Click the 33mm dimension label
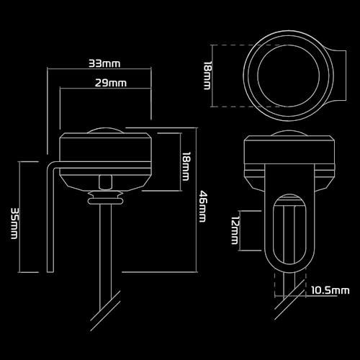click(x=104, y=63)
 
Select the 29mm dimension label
click(x=111, y=83)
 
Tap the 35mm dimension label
click(x=14, y=223)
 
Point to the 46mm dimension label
click(x=203, y=207)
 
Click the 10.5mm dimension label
click(x=330, y=290)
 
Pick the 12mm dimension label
click(x=235, y=230)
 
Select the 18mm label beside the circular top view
click(x=207, y=76)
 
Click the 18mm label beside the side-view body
click(x=186, y=166)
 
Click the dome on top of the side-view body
click(x=106, y=130)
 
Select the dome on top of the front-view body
click(x=289, y=133)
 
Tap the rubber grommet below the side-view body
click(x=106, y=198)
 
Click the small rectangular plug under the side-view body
click(x=105, y=182)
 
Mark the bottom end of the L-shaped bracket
click(x=50, y=272)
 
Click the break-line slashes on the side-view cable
click(x=106, y=311)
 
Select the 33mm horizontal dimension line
click(x=99, y=69)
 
